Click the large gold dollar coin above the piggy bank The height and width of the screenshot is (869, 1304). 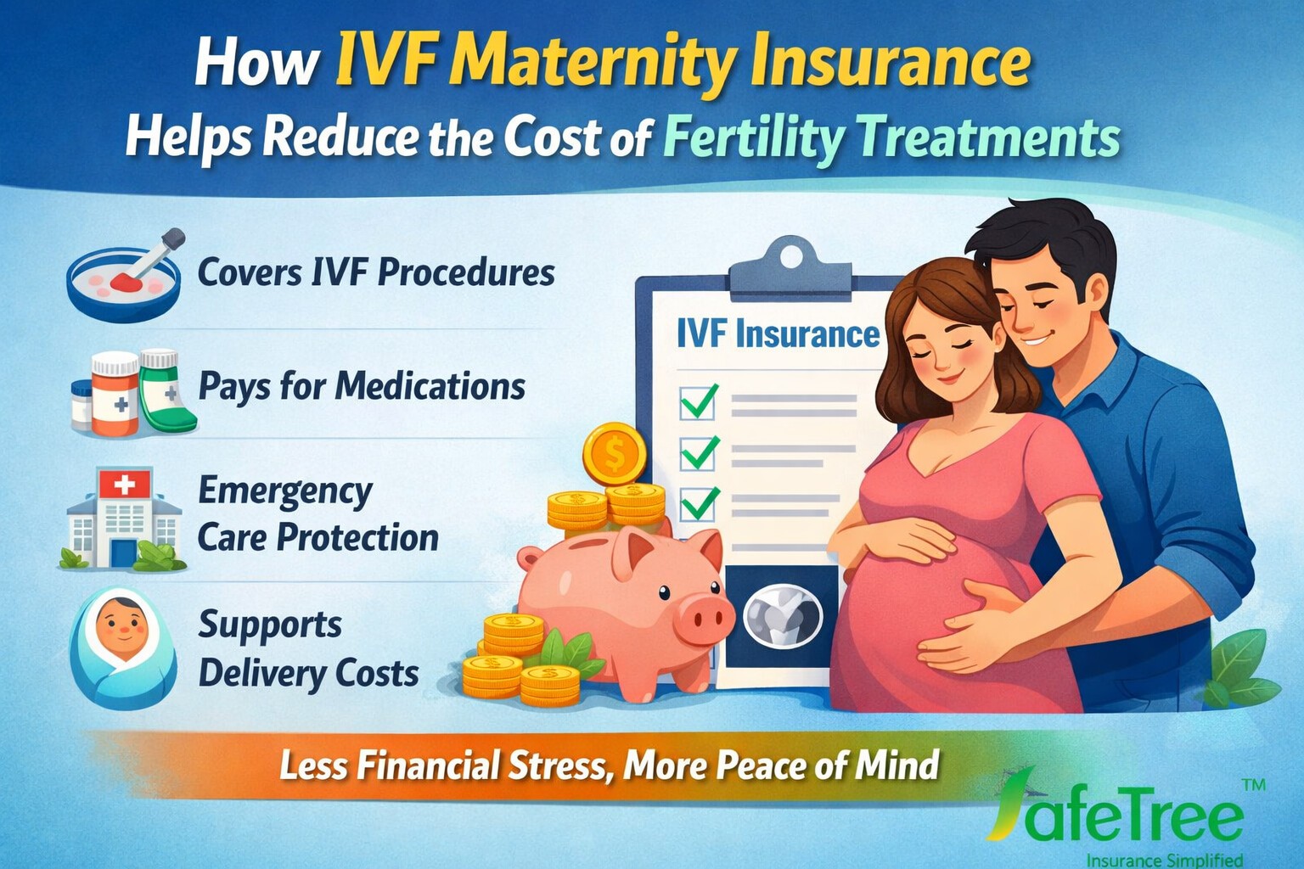pos(615,454)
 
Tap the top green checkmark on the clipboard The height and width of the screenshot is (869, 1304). pos(699,401)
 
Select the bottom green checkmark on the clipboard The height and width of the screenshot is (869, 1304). pos(699,504)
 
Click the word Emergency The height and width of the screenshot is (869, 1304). pos(285,491)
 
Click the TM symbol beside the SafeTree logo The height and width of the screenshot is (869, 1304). pos(1253,786)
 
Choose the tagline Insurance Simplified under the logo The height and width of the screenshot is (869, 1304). pos(1164,859)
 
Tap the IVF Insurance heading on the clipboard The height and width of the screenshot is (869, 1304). pos(778,334)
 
